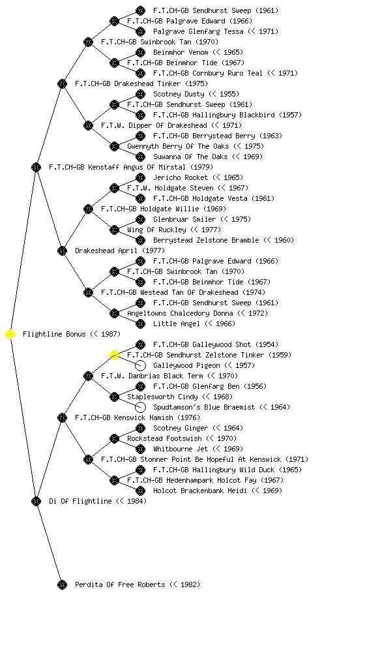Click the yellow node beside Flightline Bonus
[10, 335]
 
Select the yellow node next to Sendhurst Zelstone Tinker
[114, 356]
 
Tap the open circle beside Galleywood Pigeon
[140, 365]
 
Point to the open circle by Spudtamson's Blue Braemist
[140, 407]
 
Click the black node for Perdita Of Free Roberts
[62, 584]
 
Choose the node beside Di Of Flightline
[36, 501]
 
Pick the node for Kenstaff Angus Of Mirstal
[36, 167]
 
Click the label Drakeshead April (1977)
[120, 250]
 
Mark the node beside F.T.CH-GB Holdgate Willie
[88, 209]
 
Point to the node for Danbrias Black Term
[88, 376]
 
